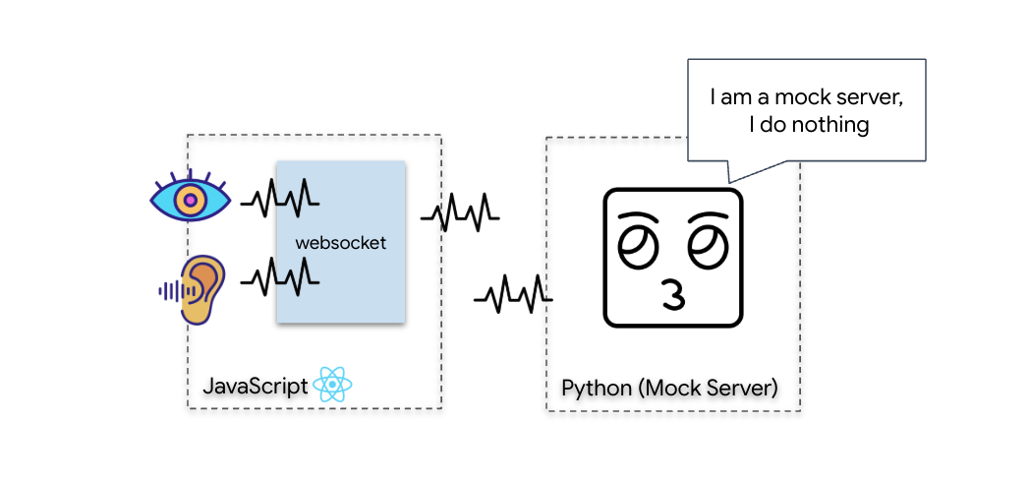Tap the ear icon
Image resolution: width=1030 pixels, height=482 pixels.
[200, 289]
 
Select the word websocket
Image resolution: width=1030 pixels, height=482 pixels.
[341, 242]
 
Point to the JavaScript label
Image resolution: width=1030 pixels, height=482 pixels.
[255, 386]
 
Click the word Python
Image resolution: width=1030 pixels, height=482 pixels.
[597, 388]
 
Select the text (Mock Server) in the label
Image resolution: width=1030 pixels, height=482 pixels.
[709, 388]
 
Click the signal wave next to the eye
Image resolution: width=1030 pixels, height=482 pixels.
[280, 200]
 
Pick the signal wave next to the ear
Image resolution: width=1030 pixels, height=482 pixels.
[280, 279]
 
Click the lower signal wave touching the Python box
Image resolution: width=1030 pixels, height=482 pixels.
[511, 293]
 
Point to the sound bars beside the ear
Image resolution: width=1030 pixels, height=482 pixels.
[171, 290]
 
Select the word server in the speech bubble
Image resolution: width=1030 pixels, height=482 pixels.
[869, 97]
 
